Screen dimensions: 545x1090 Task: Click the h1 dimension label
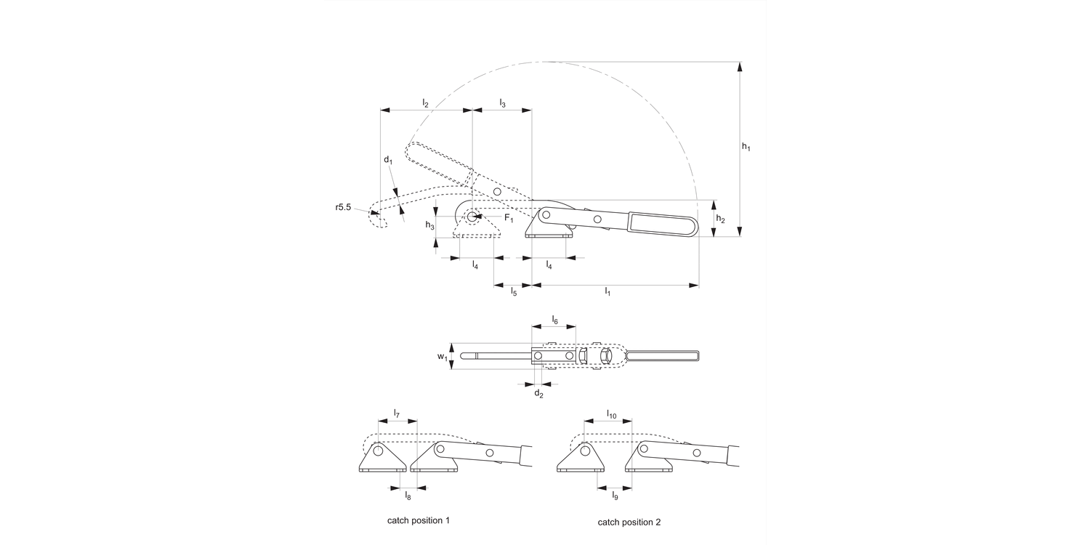click(x=746, y=147)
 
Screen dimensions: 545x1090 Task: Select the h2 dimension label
click(x=720, y=219)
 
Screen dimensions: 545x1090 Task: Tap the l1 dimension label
click(x=607, y=292)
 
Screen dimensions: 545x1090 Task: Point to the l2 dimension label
click(x=426, y=104)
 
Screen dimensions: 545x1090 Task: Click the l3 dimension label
click(x=502, y=104)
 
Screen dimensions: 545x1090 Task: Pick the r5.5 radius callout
click(x=344, y=208)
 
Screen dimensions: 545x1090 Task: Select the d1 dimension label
click(x=388, y=160)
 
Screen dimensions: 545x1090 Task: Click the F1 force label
click(x=509, y=219)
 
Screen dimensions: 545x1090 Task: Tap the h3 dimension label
click(x=430, y=226)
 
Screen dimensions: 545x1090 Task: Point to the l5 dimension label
click(x=513, y=292)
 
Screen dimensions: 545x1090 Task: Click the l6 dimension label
click(x=554, y=320)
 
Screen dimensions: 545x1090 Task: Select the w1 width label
click(x=442, y=357)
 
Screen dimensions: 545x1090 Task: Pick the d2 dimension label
click(x=538, y=393)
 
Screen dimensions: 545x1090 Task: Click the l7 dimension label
click(x=397, y=413)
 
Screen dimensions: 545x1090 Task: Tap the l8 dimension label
click(x=408, y=496)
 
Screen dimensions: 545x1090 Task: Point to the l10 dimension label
click(x=612, y=414)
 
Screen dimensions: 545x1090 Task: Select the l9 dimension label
click(x=615, y=496)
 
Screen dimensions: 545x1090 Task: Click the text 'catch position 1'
click(x=419, y=521)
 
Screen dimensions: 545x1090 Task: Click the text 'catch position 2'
click(x=629, y=522)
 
